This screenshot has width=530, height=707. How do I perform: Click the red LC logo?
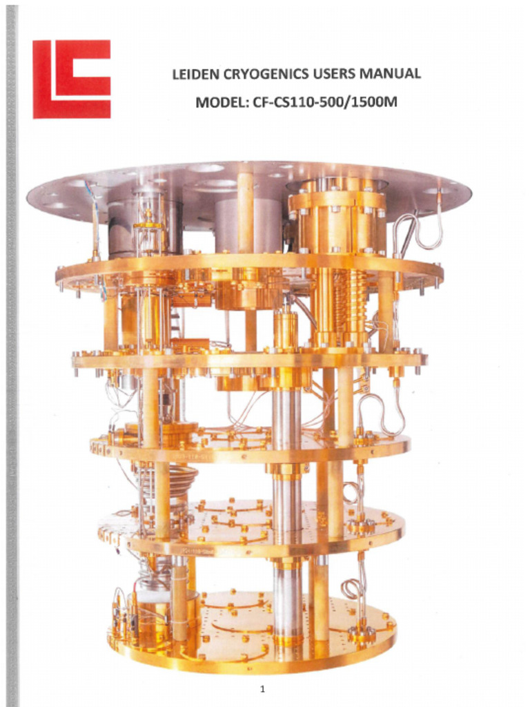tap(71, 79)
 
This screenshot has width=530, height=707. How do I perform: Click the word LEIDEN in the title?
tap(194, 75)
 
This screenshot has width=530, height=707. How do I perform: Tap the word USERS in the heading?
tap(335, 74)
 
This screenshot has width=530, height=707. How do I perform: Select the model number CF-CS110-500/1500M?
tap(320, 102)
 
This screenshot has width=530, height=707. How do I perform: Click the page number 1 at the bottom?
tap(262, 688)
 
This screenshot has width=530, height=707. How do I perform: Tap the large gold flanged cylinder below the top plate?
tap(337, 221)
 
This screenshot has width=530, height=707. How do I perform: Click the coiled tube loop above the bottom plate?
tap(353, 588)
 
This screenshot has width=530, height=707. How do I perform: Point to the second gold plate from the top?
tap(248, 360)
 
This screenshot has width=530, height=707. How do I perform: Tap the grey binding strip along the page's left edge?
tap(11, 353)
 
